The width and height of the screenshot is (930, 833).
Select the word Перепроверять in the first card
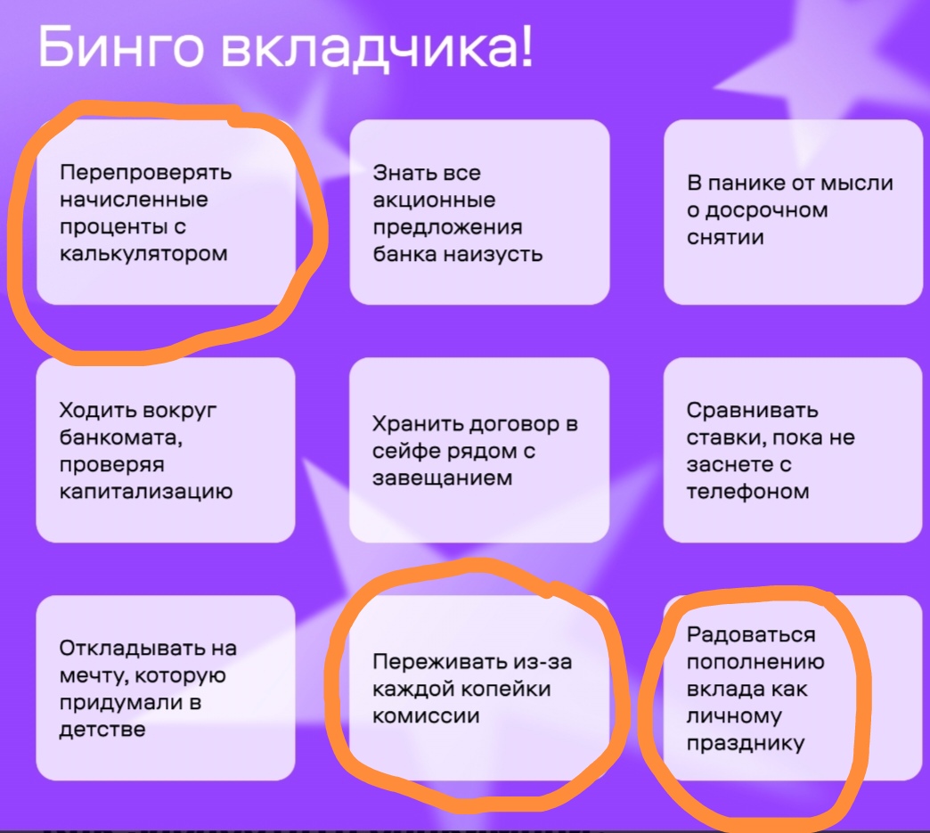tap(146, 173)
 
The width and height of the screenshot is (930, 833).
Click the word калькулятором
tap(143, 254)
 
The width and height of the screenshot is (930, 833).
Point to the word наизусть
tap(493, 255)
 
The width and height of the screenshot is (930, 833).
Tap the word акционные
tap(434, 200)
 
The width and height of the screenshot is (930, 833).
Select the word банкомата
tap(121, 437)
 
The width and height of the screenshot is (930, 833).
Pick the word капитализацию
tap(146, 492)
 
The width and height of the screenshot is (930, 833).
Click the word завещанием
tap(443, 478)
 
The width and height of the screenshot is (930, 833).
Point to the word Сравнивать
tap(752, 411)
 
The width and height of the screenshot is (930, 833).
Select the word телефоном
tap(748, 492)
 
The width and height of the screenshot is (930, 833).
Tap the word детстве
tap(102, 730)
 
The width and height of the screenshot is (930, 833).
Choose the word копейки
tap(506, 690)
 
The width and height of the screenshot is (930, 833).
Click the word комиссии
tap(426, 716)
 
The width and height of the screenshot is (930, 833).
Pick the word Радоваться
tap(751, 635)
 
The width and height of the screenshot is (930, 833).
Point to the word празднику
tap(746, 743)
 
